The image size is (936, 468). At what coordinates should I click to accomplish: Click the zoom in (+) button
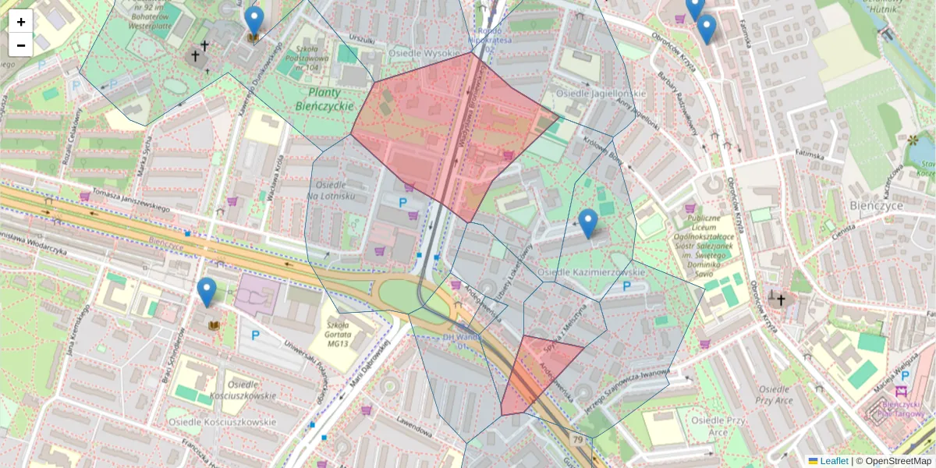21,22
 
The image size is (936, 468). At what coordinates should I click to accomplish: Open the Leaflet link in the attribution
834,461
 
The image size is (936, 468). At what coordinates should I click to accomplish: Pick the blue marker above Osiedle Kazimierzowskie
587,223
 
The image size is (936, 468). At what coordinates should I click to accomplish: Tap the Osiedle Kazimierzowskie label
591,271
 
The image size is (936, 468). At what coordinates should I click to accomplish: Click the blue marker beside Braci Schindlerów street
207,292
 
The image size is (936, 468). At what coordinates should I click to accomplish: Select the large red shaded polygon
452,133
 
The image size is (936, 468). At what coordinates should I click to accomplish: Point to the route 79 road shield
577,441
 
